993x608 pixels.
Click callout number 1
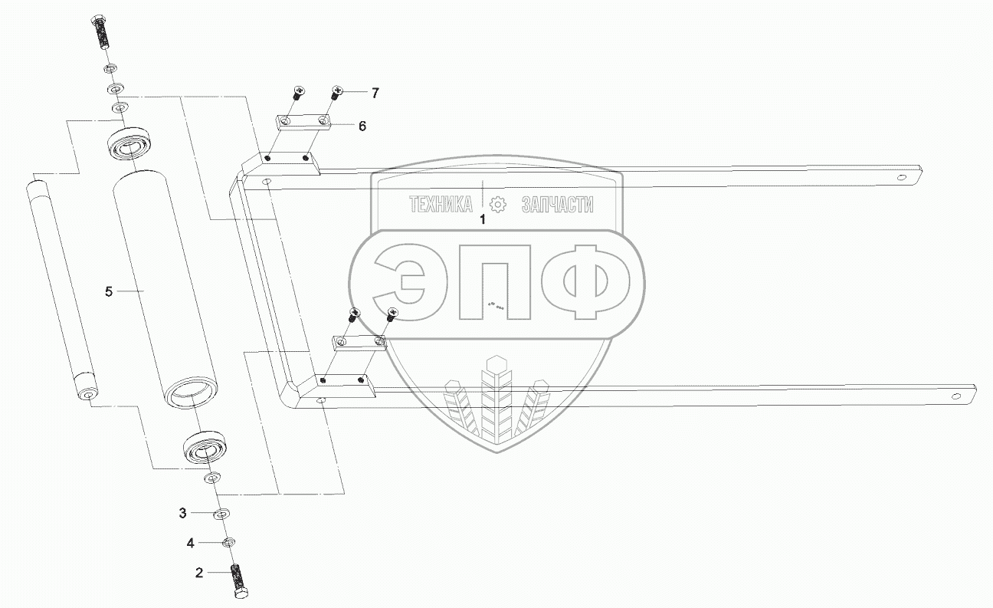tap(483, 219)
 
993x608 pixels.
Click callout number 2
tap(199, 573)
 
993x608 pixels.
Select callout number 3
tap(182, 511)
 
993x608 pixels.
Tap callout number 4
tap(190, 543)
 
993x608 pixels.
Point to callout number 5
tap(109, 291)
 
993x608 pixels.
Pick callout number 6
tap(362, 125)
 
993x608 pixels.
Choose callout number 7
tap(375, 93)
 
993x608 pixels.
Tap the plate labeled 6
tap(303, 122)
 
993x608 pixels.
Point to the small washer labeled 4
tap(228, 543)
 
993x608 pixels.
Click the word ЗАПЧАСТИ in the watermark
tap(557, 205)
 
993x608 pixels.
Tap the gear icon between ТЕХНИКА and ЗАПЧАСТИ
tap(498, 205)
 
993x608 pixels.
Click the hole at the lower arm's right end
tap(955, 396)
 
